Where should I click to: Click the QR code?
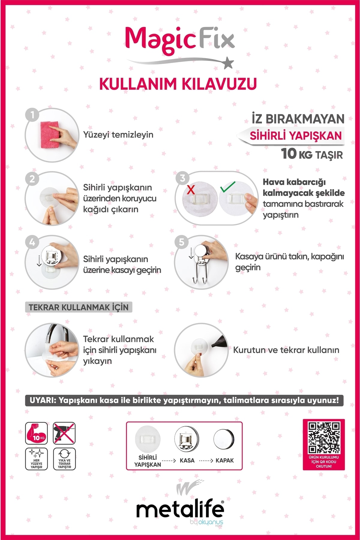click(x=324, y=438)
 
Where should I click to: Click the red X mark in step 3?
click(x=191, y=189)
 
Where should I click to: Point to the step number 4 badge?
click(x=32, y=242)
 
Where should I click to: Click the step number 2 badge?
click(x=32, y=179)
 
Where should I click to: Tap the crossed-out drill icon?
click(x=64, y=433)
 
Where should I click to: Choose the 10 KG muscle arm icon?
click(x=36, y=433)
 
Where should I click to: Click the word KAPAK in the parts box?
click(x=224, y=460)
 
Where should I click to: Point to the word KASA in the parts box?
click(x=187, y=460)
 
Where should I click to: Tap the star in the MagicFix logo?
click(x=229, y=63)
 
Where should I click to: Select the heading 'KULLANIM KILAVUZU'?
click(x=178, y=84)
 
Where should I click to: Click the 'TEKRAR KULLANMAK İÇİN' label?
click(x=79, y=307)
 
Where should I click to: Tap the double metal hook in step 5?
click(x=200, y=273)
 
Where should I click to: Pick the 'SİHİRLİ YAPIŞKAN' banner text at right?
click(x=295, y=136)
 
